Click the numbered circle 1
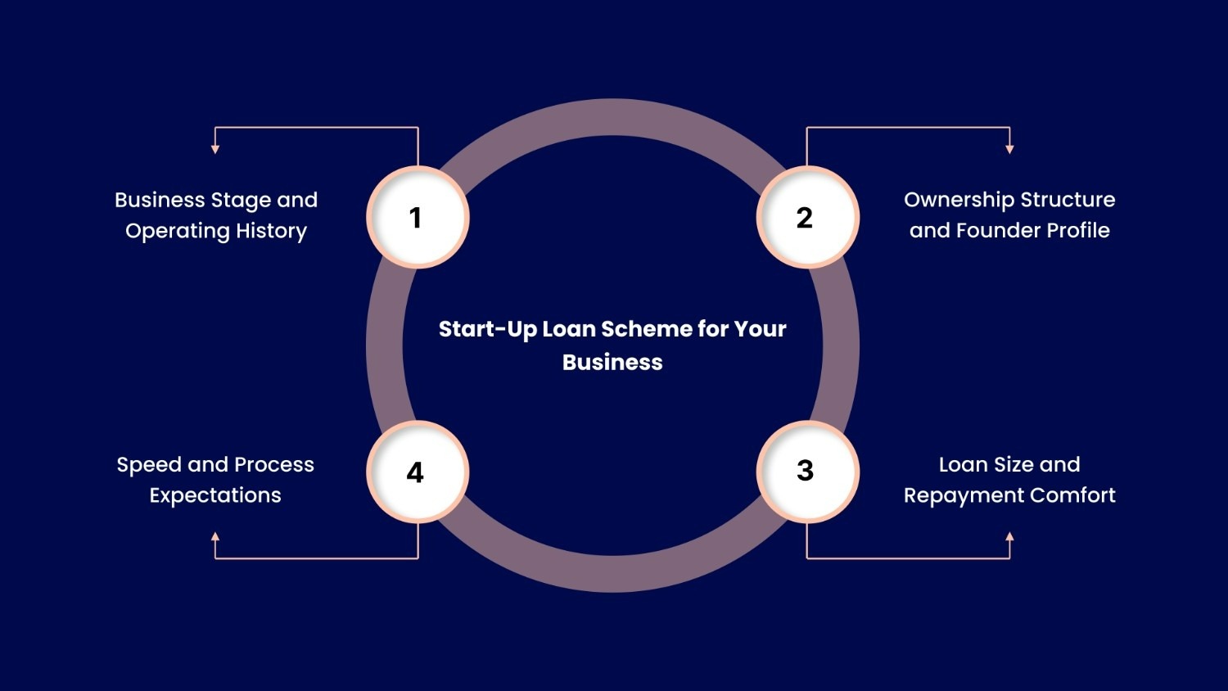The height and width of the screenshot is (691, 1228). point(417,218)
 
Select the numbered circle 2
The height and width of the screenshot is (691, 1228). point(807,218)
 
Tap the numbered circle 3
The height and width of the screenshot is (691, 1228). point(807,471)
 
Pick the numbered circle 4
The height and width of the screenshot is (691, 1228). point(417,472)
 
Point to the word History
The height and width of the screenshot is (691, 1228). point(271,231)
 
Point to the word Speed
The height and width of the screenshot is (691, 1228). point(149,466)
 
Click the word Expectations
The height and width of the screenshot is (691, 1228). point(215,496)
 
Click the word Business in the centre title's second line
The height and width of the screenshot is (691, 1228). point(612,363)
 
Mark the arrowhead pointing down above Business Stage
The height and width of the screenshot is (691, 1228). point(215,149)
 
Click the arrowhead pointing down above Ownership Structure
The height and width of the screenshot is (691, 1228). point(1009,149)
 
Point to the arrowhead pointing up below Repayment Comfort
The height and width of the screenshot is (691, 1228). point(1009,537)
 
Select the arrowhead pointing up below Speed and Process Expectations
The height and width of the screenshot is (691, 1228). point(215,537)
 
